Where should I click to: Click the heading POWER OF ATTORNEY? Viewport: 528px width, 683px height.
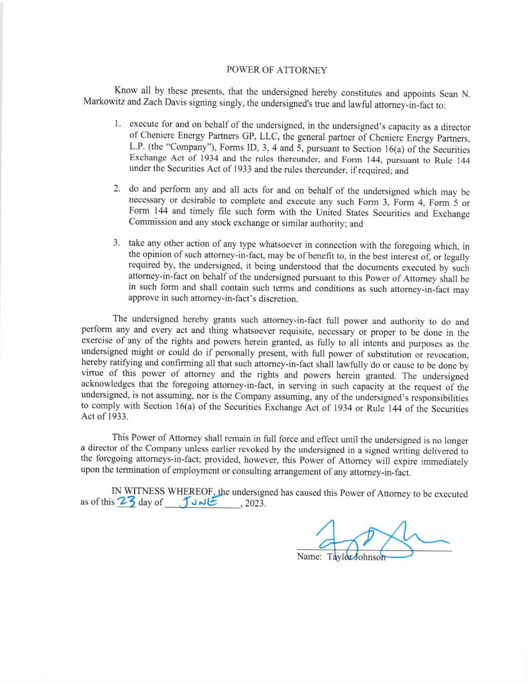(x=277, y=70)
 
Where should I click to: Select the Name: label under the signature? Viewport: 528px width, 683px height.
(x=309, y=556)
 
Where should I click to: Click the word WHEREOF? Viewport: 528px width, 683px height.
(x=192, y=491)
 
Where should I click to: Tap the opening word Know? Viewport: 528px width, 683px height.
(x=125, y=91)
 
